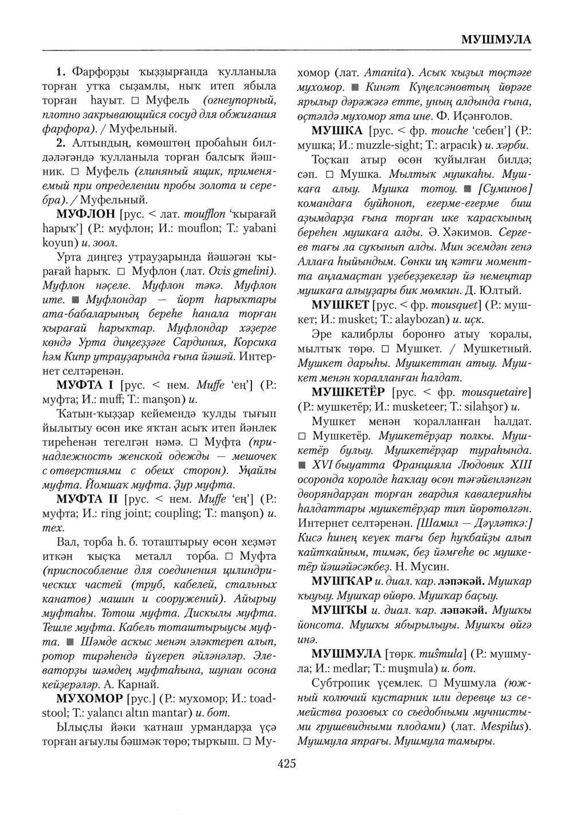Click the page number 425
[286, 763]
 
